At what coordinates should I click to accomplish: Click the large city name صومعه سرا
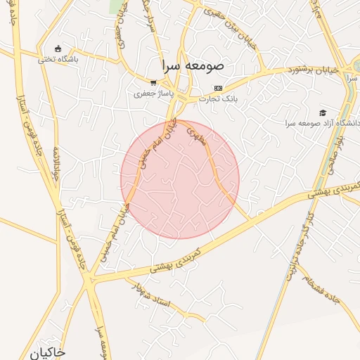point(191,65)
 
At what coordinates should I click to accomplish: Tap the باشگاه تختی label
point(58,59)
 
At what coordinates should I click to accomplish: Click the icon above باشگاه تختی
point(58,49)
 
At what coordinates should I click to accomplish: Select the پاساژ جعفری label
point(153,93)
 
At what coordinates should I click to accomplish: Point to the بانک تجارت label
point(218,98)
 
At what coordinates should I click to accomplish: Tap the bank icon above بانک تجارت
point(218,88)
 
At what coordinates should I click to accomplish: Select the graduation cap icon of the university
point(323,112)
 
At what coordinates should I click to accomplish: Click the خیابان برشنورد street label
point(314,71)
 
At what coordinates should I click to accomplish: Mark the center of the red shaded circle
point(180,179)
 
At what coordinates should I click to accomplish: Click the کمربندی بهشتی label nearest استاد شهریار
point(176,261)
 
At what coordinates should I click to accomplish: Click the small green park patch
point(115,6)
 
